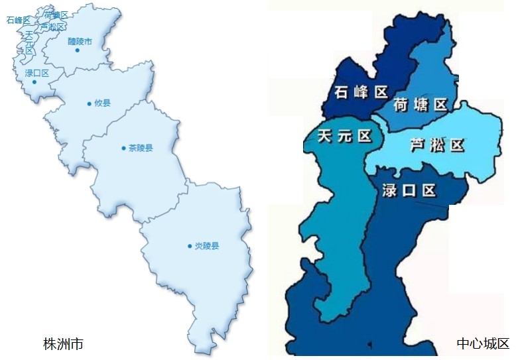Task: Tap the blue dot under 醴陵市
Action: pos(77,50)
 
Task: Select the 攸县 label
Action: pos(102,103)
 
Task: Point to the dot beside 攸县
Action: pos(89,103)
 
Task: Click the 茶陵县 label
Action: pos(140,148)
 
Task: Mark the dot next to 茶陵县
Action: pos(123,148)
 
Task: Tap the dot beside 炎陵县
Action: pos(190,246)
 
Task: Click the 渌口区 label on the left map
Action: pos(37,73)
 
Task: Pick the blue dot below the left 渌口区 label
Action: pos(34,82)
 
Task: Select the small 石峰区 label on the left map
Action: pos(19,20)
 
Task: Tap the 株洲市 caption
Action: pos(63,345)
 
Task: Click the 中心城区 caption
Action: pos(482,344)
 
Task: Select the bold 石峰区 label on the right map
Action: pos(361,92)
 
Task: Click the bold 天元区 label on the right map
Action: pos(344,136)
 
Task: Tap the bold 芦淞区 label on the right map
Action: pos(437,146)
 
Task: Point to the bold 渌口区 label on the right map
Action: pos(409,190)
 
